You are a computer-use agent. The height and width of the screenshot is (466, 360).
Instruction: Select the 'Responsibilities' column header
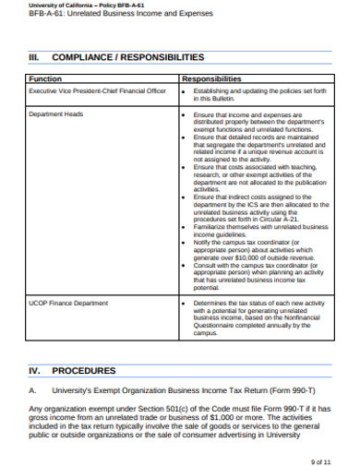211,78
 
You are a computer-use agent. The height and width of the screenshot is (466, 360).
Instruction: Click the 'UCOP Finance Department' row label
62,302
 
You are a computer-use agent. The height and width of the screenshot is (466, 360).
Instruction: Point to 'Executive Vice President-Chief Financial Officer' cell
97,92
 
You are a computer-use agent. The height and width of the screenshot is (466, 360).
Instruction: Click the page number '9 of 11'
322,459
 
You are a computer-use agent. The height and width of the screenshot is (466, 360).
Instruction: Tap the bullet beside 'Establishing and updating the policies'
186,92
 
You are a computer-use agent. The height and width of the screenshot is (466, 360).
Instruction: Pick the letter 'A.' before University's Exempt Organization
33,390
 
